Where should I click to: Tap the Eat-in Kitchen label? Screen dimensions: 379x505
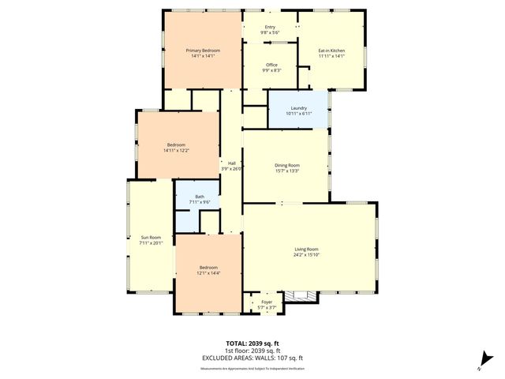(331, 50)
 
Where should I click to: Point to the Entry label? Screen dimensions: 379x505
(271, 27)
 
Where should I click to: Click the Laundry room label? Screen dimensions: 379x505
(298, 107)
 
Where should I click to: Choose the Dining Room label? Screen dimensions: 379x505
(286, 165)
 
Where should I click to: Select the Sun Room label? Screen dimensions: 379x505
(149, 237)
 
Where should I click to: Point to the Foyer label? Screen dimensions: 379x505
(267, 302)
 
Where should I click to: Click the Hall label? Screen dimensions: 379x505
(232, 163)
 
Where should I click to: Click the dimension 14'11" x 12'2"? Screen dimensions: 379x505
(176, 151)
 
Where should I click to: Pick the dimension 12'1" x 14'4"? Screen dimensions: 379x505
(208, 273)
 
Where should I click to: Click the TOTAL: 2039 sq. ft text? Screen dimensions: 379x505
(252, 344)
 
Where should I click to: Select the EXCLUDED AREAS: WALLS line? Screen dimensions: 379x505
(252, 358)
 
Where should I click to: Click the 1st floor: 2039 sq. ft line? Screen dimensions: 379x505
(252, 351)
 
